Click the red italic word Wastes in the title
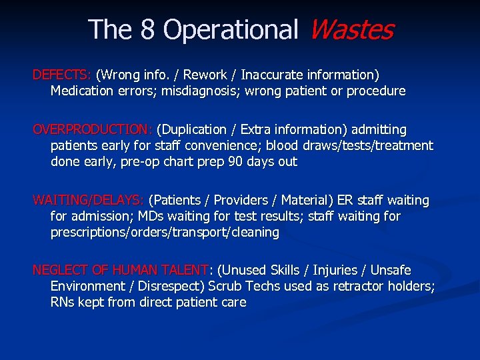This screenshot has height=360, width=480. click(351, 29)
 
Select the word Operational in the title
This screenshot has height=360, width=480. click(231, 29)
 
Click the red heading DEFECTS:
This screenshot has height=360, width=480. click(62, 75)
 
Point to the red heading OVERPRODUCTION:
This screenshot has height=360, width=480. click(93, 129)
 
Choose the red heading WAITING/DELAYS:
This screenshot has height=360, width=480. click(89, 200)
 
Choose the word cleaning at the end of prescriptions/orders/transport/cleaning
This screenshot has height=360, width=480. click(253, 232)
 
